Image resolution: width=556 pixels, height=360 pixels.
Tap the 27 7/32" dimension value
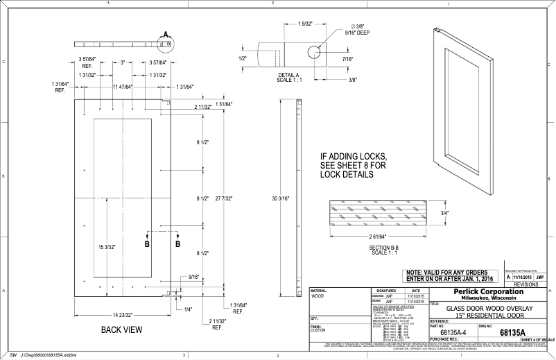224,198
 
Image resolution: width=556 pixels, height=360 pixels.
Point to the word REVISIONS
530,284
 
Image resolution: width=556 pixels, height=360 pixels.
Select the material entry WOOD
319,296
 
